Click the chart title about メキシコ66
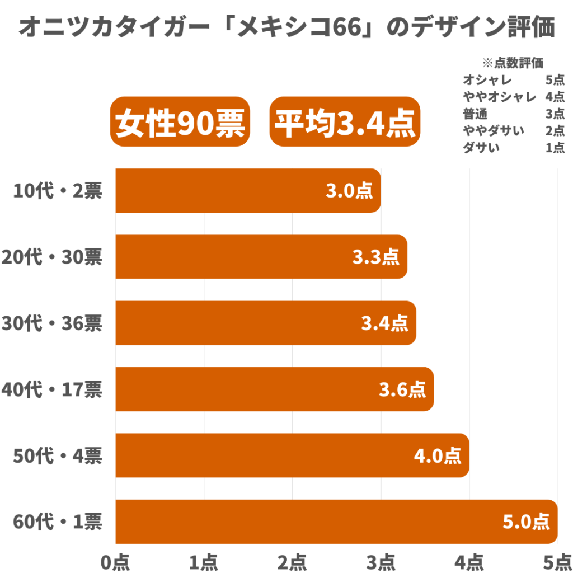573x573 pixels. click(286, 27)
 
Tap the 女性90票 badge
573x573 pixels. click(180, 122)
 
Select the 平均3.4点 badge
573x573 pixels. click(345, 122)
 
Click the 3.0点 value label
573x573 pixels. click(349, 191)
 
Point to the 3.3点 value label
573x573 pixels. click(375, 257)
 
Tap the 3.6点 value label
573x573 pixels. click(402, 389)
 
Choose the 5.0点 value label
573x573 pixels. click(525, 522)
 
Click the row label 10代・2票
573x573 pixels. click(58, 191)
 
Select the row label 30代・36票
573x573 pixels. click(52, 323)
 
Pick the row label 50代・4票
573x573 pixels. click(58, 456)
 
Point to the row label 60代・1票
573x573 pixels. click(58, 522)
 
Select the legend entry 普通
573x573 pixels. click(475, 114)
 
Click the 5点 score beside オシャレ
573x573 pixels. click(555, 80)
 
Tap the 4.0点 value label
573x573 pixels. click(437, 456)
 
